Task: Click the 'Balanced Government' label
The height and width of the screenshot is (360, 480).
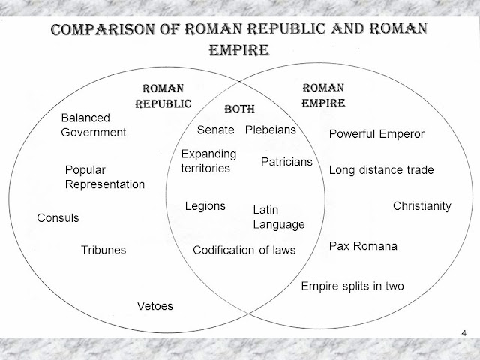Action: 93,125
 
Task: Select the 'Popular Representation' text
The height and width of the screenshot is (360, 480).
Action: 104,177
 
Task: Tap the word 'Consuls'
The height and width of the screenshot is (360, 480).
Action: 58,218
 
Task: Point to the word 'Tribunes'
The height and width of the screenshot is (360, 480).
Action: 103,250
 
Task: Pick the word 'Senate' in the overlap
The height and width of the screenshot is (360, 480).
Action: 216,130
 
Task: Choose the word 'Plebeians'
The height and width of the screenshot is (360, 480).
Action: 271,130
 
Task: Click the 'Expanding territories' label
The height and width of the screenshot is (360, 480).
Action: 208,161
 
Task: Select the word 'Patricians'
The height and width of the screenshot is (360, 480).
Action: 286,162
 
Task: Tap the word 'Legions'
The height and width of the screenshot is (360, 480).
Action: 205,206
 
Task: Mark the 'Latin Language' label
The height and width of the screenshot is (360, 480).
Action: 278,217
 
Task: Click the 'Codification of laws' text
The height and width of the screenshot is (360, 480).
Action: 244,250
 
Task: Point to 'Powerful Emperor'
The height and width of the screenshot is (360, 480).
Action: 376,134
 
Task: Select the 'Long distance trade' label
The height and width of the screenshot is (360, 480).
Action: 381,170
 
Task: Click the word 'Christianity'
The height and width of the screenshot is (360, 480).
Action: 422,205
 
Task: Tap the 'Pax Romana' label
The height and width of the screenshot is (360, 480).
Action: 363,245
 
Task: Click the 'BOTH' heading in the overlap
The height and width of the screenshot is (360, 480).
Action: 240,109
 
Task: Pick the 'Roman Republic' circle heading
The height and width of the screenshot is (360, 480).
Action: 163,96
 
